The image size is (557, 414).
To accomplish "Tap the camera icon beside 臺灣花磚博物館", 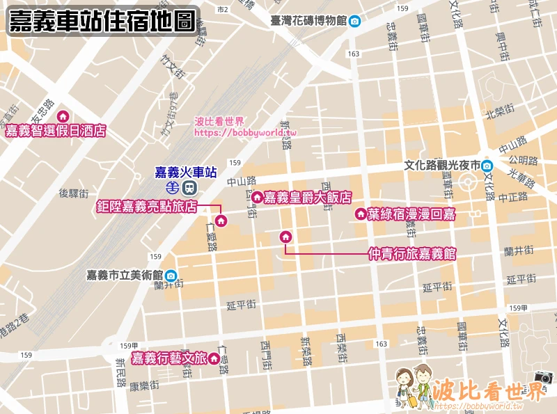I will [x=354, y=21].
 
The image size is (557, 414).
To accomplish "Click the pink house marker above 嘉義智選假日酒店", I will [x=63, y=117].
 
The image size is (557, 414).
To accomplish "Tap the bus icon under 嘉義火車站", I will [x=189, y=187].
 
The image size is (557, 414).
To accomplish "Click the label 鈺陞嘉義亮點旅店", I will [x=147, y=207].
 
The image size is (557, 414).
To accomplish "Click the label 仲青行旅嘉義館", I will [x=411, y=255].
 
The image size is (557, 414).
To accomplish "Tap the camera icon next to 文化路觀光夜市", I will [x=487, y=166].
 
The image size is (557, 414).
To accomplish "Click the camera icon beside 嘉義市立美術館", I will [x=171, y=276].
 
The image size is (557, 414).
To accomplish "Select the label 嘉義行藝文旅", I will [x=169, y=358].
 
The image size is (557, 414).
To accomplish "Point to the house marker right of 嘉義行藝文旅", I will [x=214, y=359].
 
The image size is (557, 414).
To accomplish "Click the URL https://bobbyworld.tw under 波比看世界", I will [x=245, y=133].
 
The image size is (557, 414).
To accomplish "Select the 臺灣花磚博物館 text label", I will [x=308, y=21].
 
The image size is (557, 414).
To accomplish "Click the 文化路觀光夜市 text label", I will [x=442, y=166].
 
